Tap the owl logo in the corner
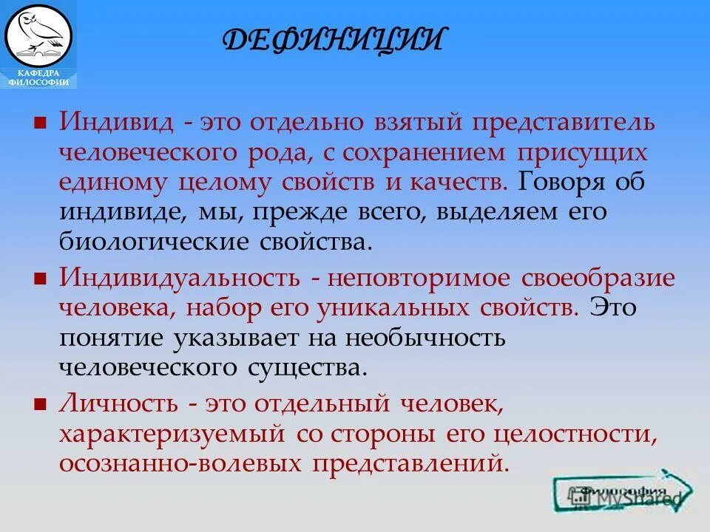tap(38, 33)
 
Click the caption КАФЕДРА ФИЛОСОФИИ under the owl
tap(38, 78)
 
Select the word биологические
tap(152, 242)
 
